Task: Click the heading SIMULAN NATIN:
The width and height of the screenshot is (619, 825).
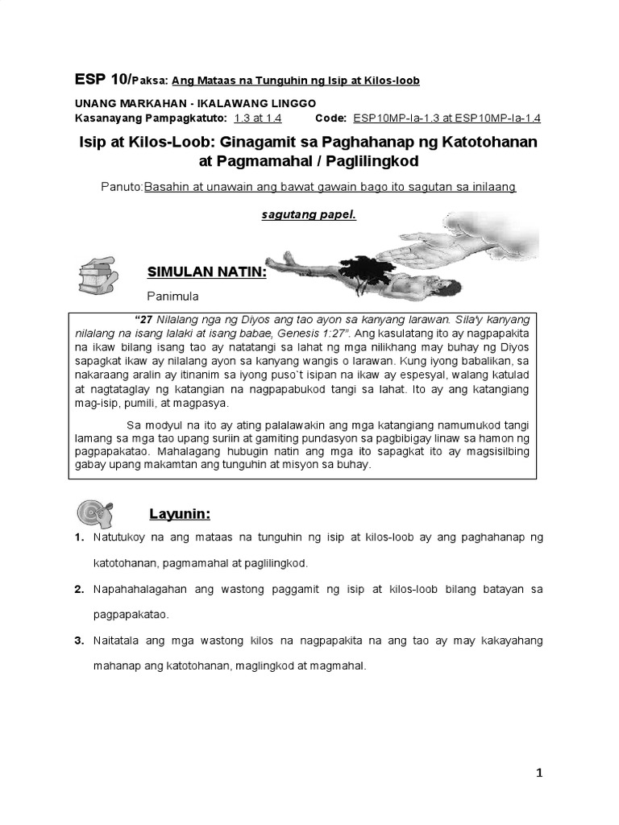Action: click(206, 273)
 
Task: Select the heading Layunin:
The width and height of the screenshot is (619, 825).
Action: click(180, 513)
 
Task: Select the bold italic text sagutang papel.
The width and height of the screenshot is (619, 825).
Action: click(309, 216)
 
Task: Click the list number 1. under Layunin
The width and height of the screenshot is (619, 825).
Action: click(79, 536)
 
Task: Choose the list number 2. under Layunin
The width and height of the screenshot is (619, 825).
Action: click(79, 589)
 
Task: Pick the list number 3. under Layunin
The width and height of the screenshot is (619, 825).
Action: click(79, 641)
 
